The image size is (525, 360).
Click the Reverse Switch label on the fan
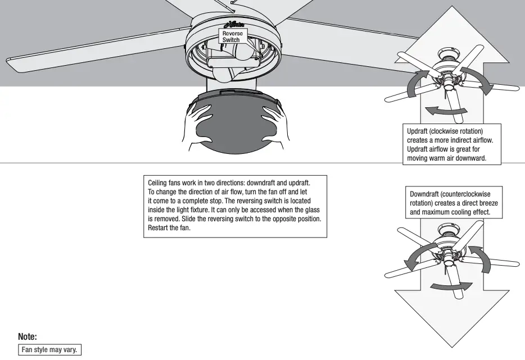(230, 37)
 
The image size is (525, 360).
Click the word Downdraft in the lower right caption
(425, 194)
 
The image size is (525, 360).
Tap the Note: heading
(28, 337)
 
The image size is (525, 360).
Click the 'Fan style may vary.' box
(50, 349)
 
